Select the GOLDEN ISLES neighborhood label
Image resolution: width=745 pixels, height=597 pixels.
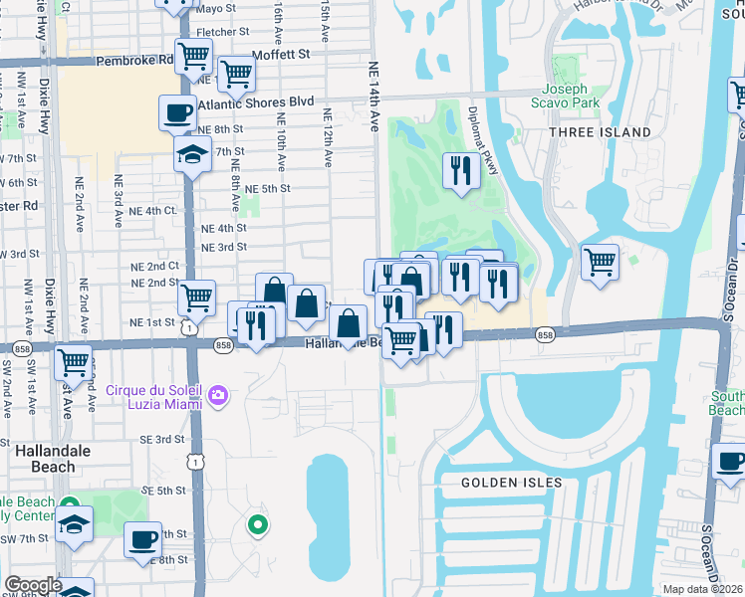point(511,483)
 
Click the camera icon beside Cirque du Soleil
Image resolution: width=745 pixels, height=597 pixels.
point(218,397)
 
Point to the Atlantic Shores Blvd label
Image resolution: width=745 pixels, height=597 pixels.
point(256,102)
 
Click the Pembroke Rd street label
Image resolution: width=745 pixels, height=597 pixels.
point(135,60)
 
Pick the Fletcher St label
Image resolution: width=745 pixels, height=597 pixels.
point(215,31)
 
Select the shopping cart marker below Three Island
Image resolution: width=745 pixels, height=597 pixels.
point(600,262)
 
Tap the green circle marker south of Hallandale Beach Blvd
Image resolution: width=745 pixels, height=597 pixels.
point(257,523)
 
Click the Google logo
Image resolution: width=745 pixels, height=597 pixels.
point(32,586)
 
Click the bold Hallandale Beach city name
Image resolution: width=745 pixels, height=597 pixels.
point(46,459)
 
